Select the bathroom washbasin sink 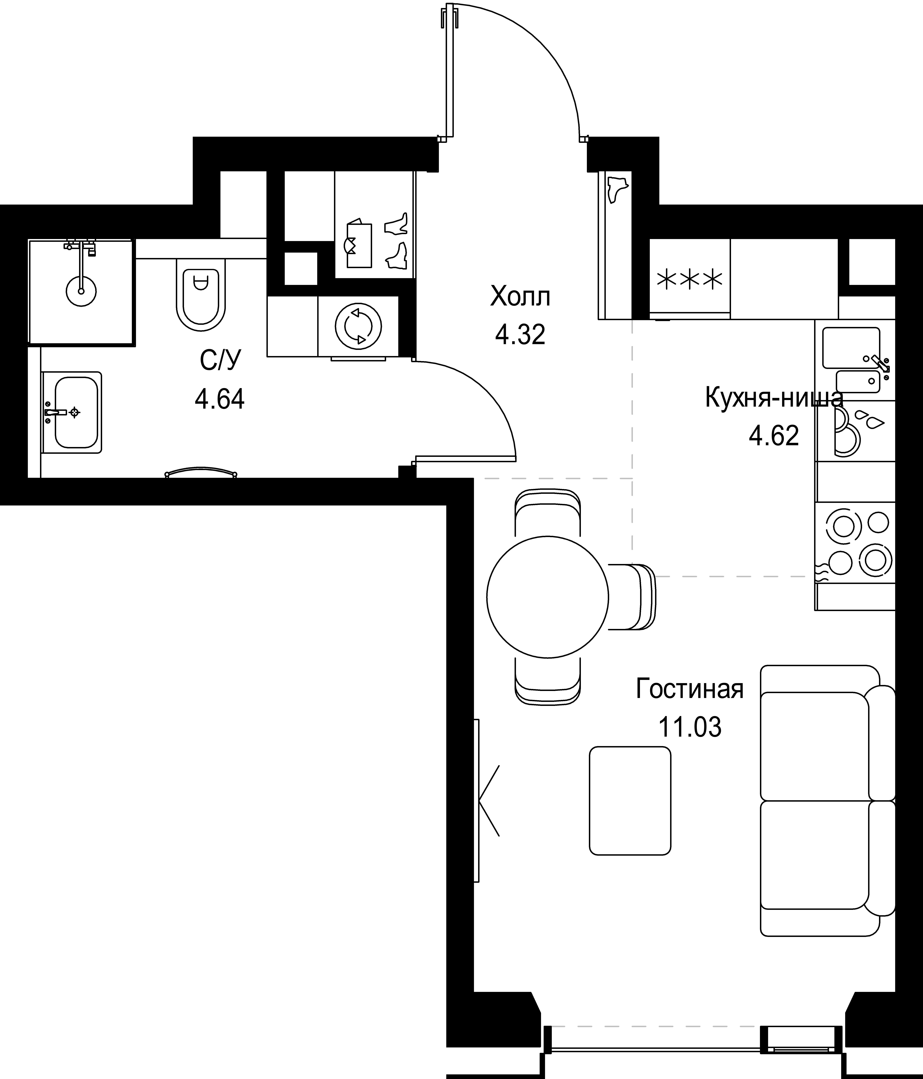click(x=71, y=412)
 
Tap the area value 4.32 click(x=520, y=334)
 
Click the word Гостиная click(x=690, y=689)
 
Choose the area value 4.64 click(x=220, y=399)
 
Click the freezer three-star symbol click(x=690, y=280)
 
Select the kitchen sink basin click(x=851, y=348)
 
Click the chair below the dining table click(x=548, y=681)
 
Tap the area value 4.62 click(x=774, y=436)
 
